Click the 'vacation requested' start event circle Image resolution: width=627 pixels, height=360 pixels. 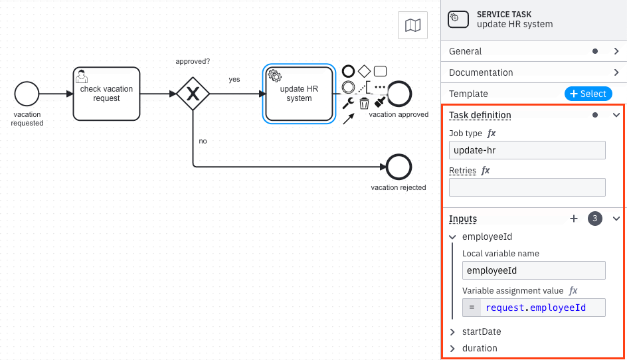point(27,94)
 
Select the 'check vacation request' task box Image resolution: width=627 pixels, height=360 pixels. point(106,94)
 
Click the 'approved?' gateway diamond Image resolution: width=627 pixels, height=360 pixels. point(193,94)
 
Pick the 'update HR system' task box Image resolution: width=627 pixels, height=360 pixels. point(299,94)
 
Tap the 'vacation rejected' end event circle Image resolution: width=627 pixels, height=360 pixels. point(399,167)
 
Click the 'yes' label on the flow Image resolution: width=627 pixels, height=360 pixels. point(234,80)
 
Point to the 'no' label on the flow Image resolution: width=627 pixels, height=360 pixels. point(203,141)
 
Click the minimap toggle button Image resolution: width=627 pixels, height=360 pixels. point(412,25)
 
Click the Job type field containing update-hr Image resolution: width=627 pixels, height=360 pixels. point(527,150)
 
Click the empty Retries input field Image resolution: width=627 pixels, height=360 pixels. point(527,187)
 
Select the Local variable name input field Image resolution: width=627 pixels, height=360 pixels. point(534,270)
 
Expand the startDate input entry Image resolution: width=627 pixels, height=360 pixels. point(482,331)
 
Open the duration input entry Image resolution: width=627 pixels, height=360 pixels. point(480,348)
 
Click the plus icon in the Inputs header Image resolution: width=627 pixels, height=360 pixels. point(574,219)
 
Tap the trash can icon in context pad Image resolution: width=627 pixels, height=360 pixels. point(364,103)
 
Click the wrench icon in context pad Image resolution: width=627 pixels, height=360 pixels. point(347,103)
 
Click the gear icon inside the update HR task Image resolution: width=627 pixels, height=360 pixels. point(274,75)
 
